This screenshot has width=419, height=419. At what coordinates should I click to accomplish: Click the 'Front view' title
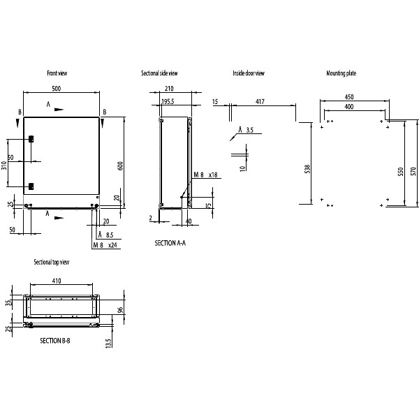click(57, 73)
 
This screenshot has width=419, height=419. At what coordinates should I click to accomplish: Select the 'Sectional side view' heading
click(160, 73)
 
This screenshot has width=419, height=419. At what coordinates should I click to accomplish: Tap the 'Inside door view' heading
click(249, 73)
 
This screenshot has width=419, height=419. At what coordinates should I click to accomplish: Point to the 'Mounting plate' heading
click(342, 73)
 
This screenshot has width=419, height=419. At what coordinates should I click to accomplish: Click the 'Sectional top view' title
click(52, 262)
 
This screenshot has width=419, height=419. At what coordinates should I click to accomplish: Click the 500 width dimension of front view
click(57, 89)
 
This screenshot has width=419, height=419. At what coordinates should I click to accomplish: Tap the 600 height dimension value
click(120, 166)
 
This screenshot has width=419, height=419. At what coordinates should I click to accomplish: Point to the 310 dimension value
click(3, 166)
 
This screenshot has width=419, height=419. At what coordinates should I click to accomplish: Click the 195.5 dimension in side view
click(168, 102)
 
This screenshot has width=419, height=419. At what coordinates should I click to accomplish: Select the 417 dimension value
click(260, 102)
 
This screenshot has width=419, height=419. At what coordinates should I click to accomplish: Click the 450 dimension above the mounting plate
click(348, 97)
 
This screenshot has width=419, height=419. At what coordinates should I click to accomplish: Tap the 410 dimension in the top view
click(57, 281)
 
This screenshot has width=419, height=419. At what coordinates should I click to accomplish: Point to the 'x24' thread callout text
click(112, 246)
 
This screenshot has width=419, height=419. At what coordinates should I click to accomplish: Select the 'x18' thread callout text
click(213, 175)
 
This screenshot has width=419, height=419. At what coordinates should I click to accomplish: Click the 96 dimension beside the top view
click(119, 309)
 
